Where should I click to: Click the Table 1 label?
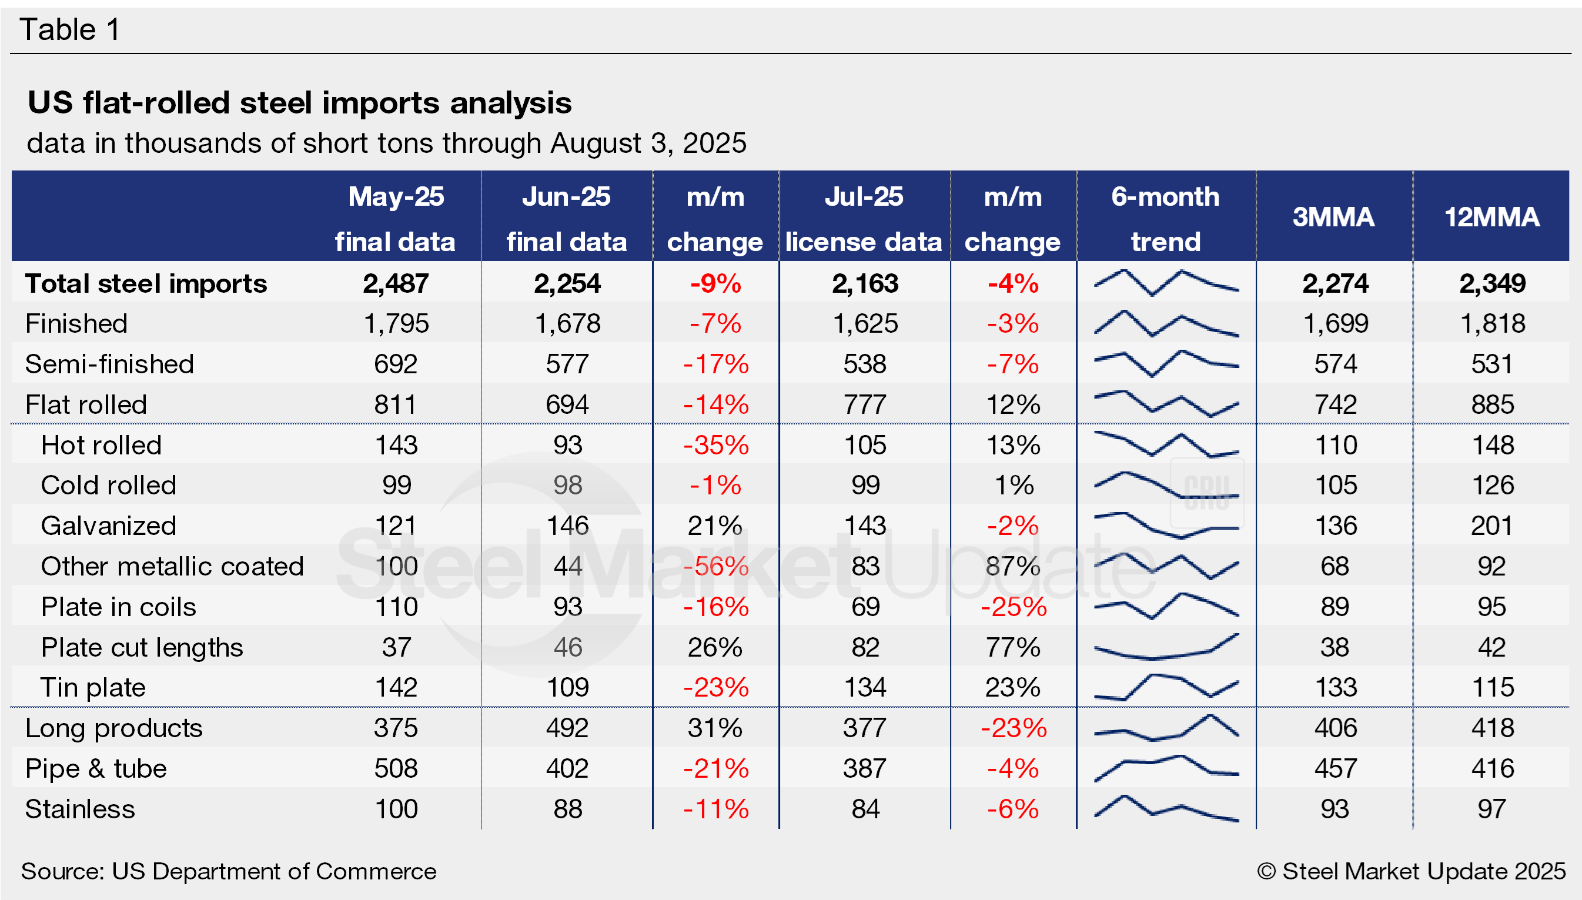click(x=69, y=29)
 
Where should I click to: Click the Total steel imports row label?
click(x=146, y=284)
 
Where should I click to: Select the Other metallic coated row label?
click(x=172, y=566)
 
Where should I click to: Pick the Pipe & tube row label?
click(x=96, y=768)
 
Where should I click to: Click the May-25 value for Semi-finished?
click(x=396, y=364)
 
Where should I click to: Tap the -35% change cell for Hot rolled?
click(x=715, y=445)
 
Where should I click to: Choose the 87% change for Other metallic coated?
click(x=1012, y=566)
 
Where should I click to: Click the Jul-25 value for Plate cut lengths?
click(x=865, y=647)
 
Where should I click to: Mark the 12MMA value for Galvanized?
click(x=1492, y=526)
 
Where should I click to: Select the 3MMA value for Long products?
click(x=1335, y=728)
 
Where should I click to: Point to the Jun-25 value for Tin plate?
click(x=567, y=687)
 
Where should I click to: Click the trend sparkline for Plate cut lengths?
click(x=1166, y=648)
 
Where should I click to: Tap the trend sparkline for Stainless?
click(x=1166, y=809)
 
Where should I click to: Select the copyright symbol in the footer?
click(x=1266, y=871)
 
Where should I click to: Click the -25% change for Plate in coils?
click(x=1014, y=607)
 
